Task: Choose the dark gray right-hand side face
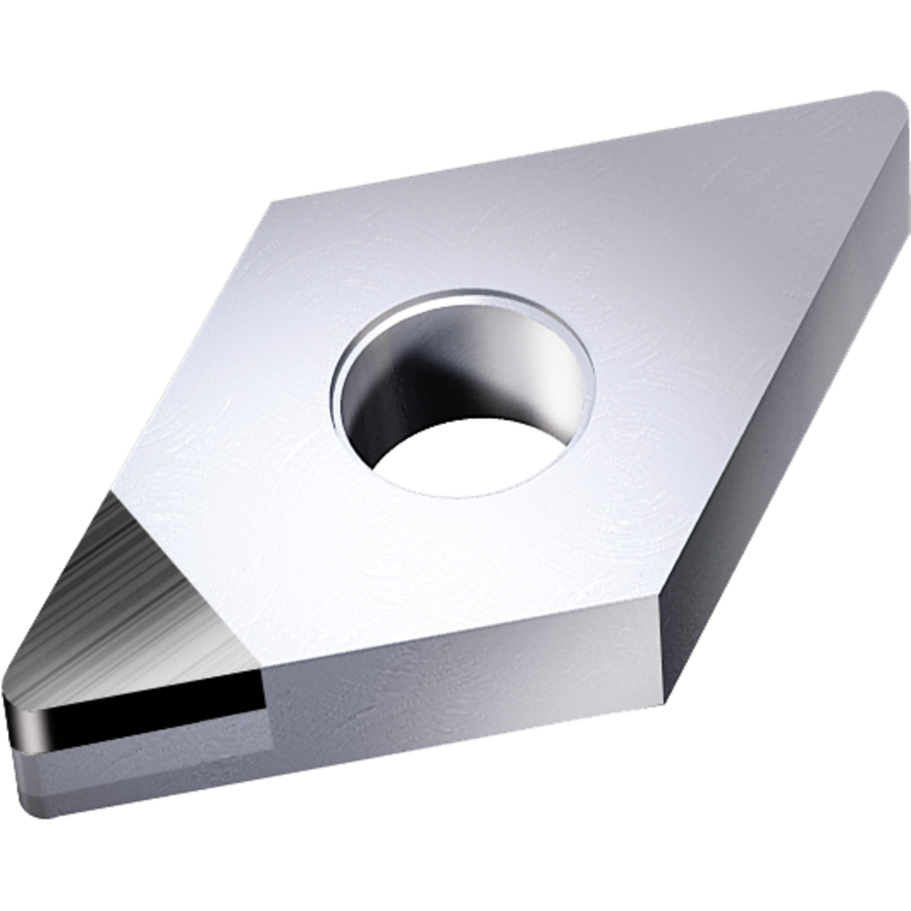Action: pos(783,410)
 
